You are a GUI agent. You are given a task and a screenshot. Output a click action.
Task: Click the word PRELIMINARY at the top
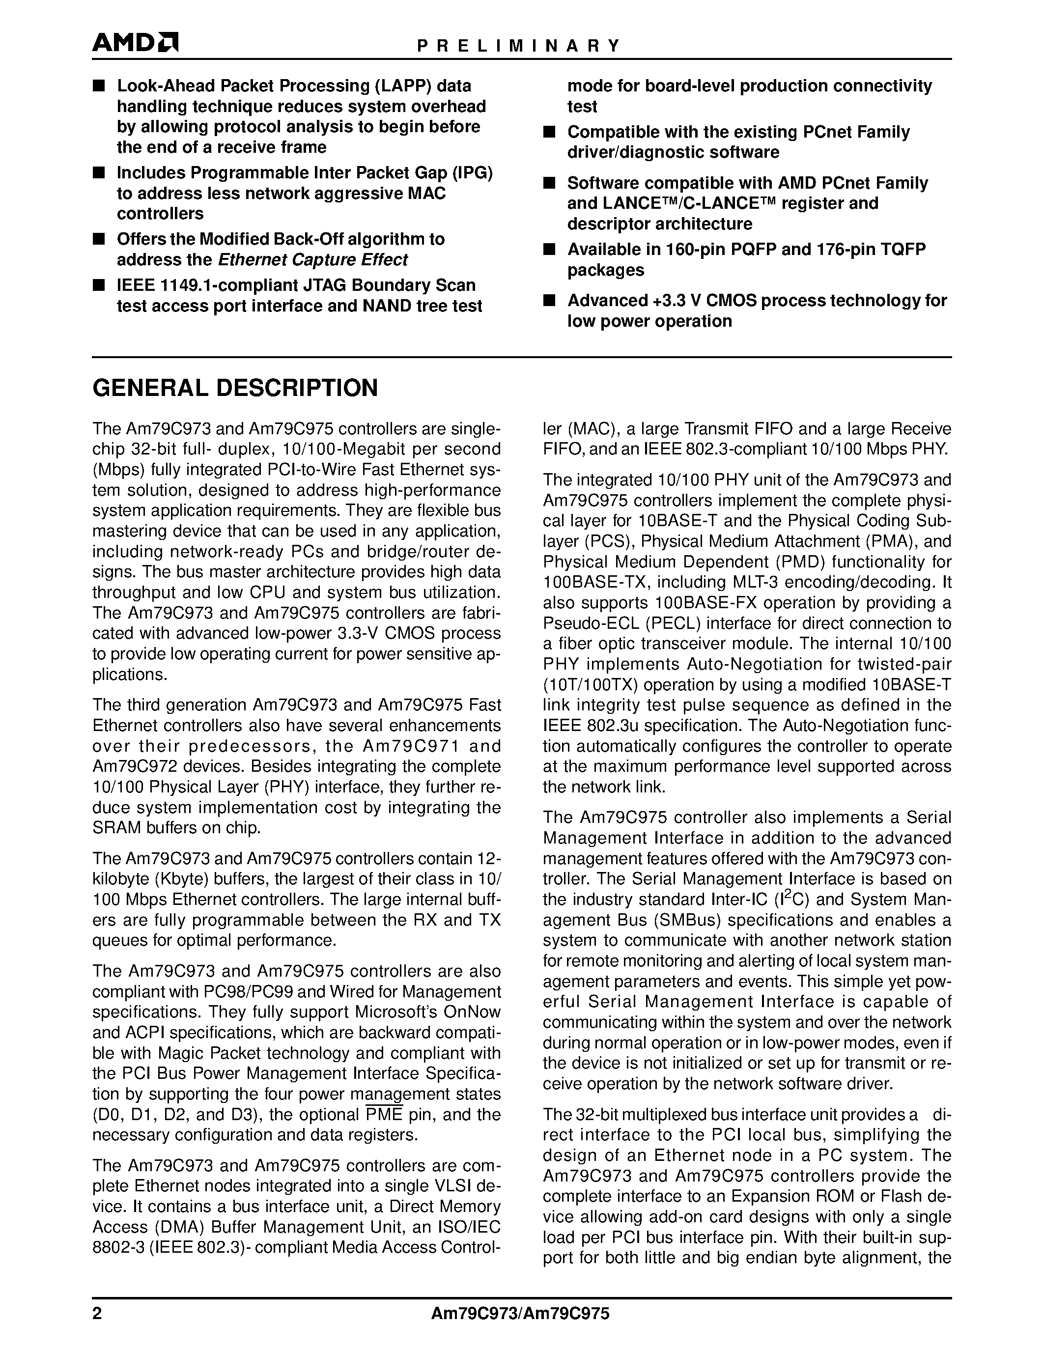(518, 46)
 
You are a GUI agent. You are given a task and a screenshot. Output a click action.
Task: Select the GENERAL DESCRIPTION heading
(235, 388)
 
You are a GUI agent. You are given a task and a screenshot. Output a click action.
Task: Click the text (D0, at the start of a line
(110, 1115)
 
